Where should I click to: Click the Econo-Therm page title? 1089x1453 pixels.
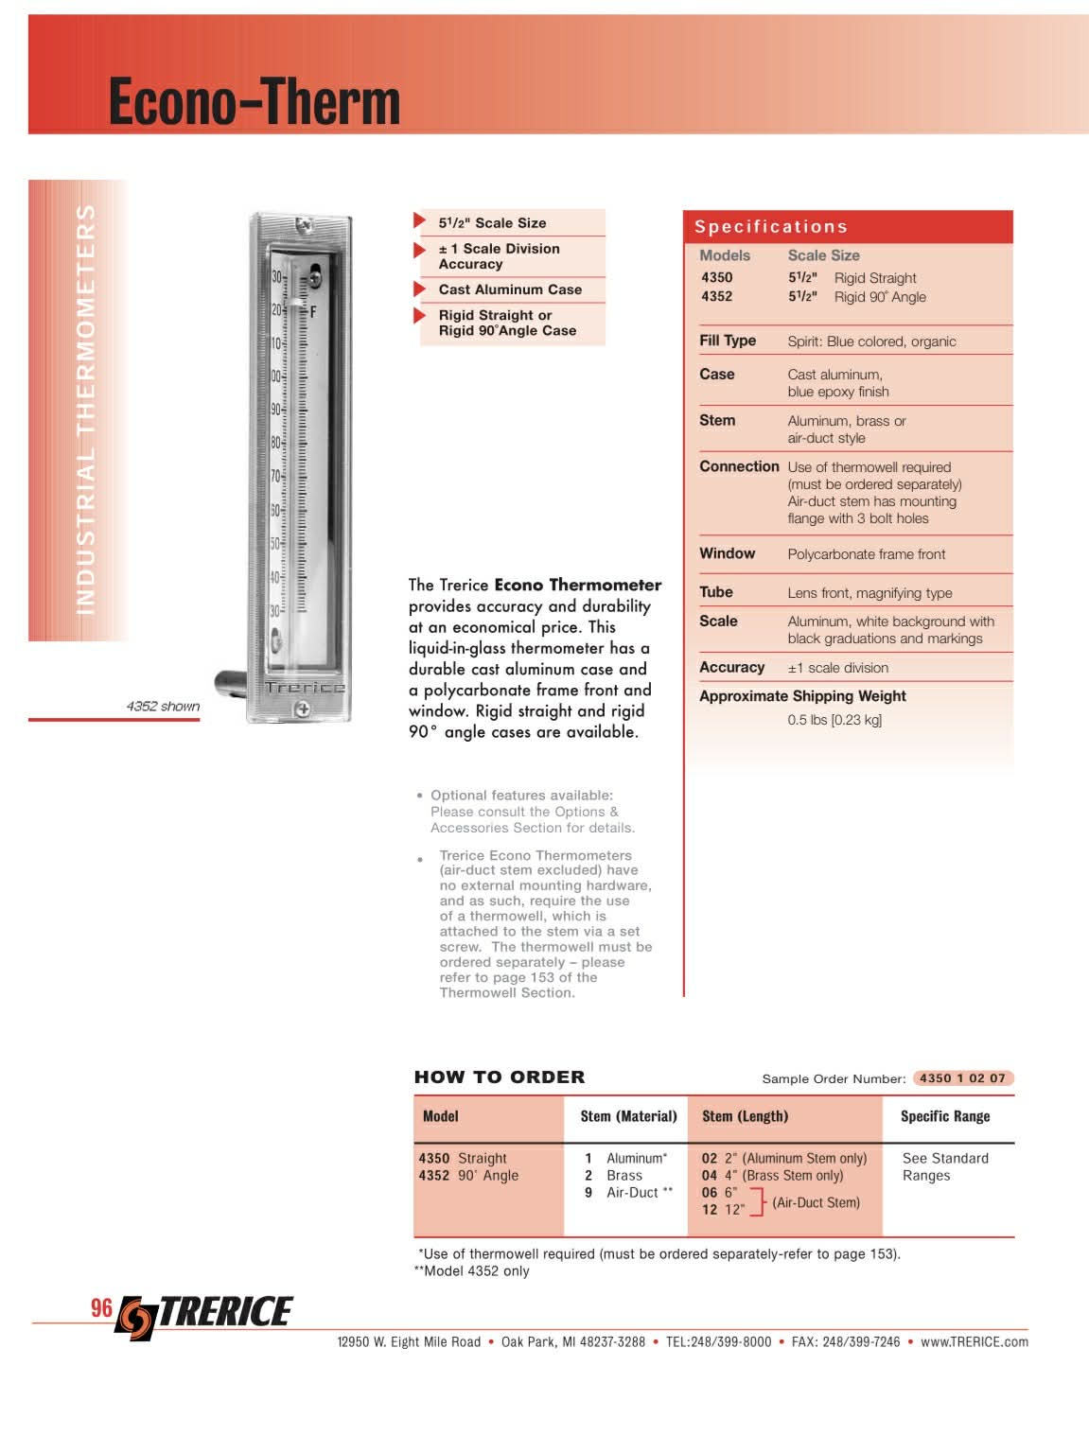254,101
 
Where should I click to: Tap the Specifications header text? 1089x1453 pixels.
770,227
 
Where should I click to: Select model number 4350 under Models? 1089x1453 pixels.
716,277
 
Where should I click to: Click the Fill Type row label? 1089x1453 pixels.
727,341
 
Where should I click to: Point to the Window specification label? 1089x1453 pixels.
727,553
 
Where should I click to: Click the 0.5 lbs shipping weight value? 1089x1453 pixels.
834,720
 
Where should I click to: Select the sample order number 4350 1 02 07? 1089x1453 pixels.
962,1078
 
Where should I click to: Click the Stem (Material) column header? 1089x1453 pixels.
628,1116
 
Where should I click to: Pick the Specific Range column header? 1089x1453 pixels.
944,1116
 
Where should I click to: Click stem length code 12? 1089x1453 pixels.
710,1210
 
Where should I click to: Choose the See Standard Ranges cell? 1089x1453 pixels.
944,1166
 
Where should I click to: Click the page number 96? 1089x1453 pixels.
101,1308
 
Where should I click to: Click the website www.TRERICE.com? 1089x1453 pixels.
974,1341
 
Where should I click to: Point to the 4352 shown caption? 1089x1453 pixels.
163,706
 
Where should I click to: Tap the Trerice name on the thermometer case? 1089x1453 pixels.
304,688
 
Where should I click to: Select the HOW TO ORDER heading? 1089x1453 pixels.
500,1077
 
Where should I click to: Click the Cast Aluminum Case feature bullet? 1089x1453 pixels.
509,289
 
